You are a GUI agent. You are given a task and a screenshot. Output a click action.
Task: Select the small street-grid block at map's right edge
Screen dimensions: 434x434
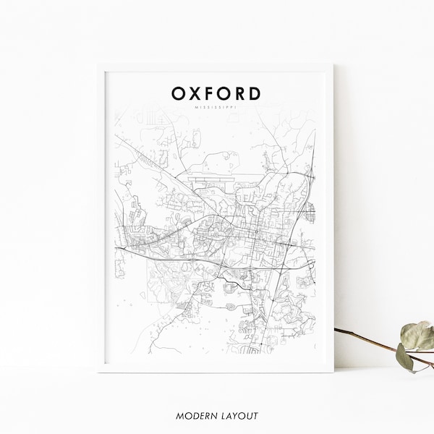311,210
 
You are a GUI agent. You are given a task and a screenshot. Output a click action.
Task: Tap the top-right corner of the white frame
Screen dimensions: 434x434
333,64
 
